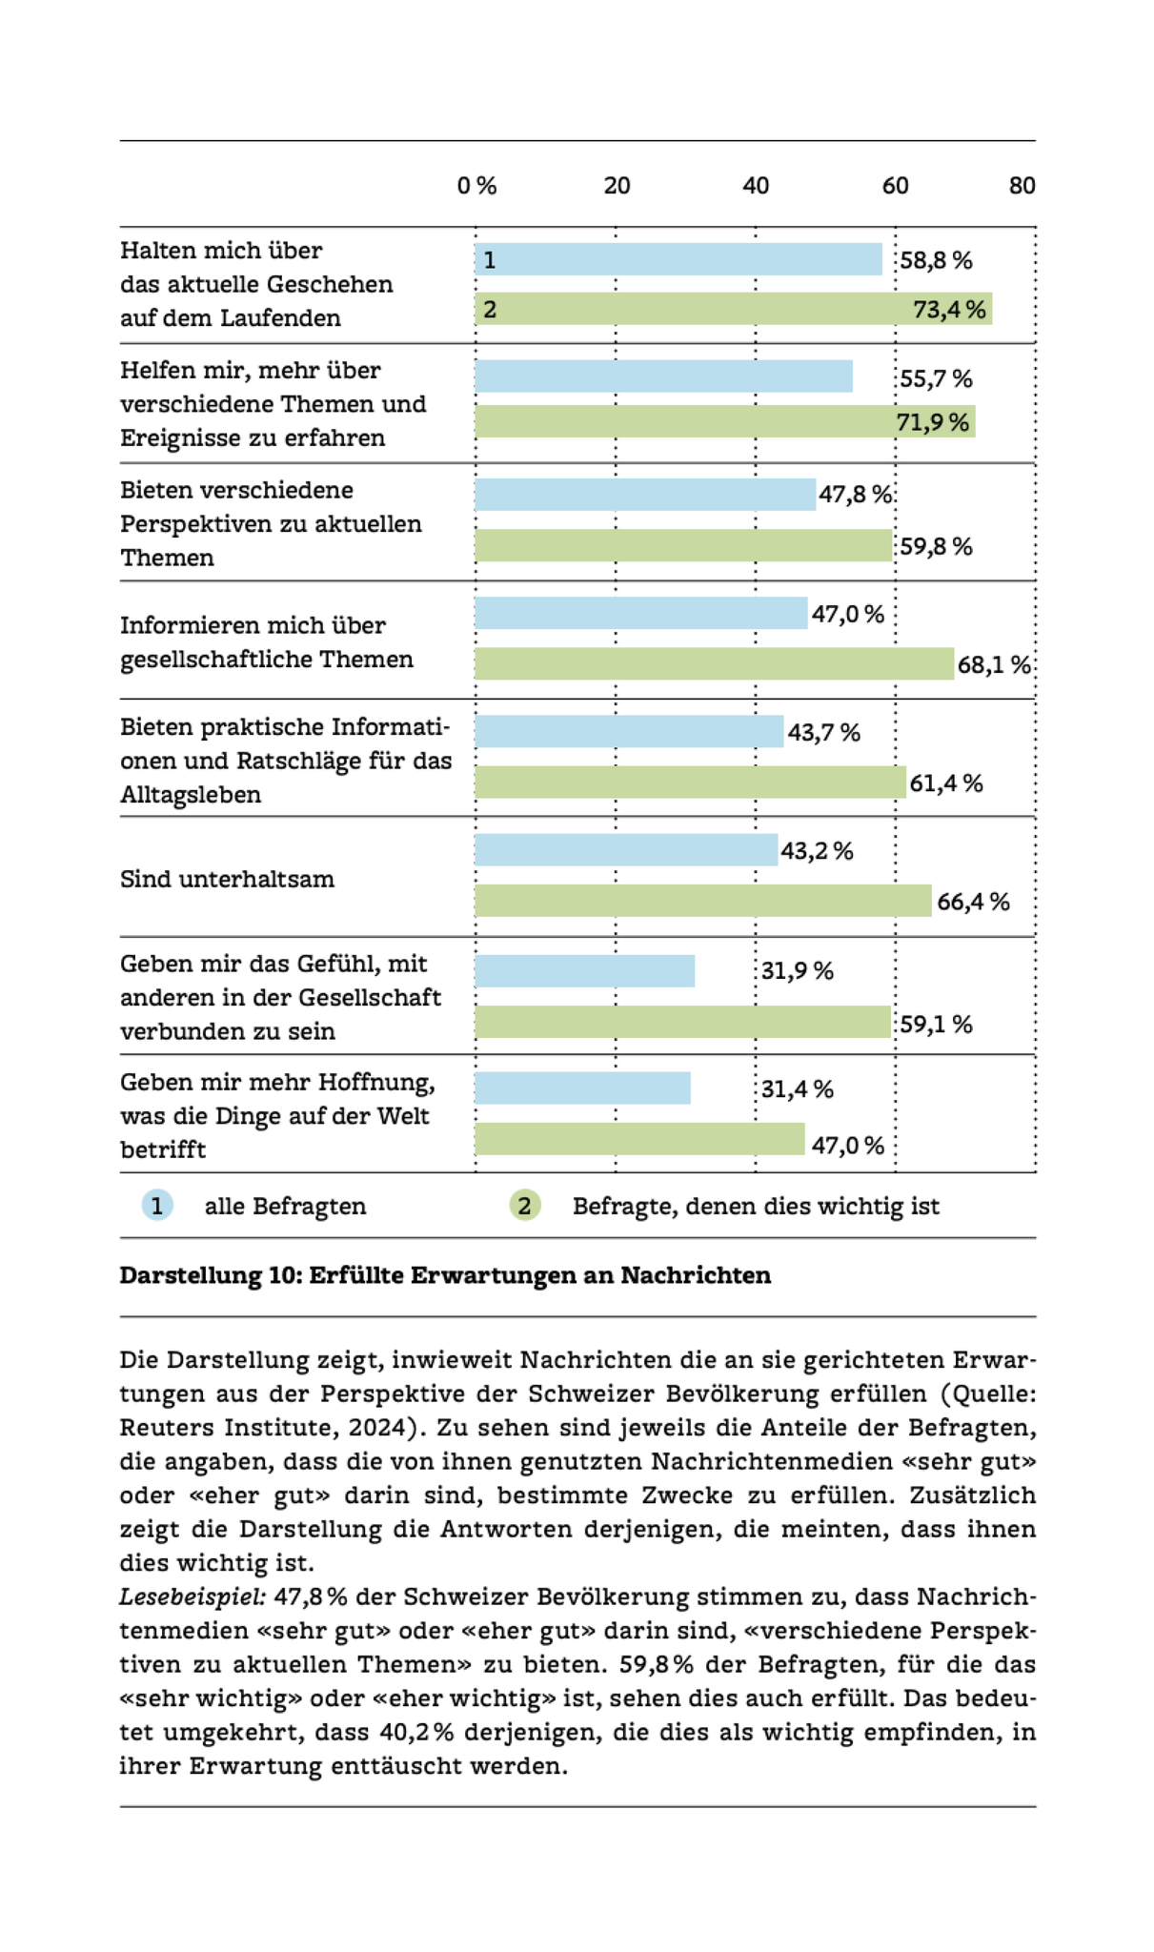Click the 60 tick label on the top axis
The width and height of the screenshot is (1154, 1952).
pyautogui.click(x=894, y=186)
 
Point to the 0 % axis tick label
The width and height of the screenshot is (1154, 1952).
pyautogui.click(x=476, y=186)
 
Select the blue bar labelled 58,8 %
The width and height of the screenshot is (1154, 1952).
pyautogui.click(x=678, y=259)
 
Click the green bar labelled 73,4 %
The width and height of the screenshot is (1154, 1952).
pyautogui.click(x=733, y=309)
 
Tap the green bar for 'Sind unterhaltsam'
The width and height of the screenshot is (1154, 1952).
pyautogui.click(x=702, y=901)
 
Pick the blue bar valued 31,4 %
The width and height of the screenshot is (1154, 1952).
pyautogui.click(x=582, y=1088)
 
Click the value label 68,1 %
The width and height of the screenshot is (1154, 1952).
pyautogui.click(x=994, y=664)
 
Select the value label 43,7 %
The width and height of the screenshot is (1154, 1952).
pyautogui.click(x=823, y=732)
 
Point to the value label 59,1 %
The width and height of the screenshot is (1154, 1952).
pyautogui.click(x=936, y=1024)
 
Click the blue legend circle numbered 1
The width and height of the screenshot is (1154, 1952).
pyautogui.click(x=157, y=1206)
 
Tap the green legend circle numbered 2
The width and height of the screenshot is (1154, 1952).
pyautogui.click(x=524, y=1206)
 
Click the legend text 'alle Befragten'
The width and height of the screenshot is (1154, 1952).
pyautogui.click(x=285, y=1207)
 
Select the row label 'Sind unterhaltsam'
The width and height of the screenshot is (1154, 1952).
pyautogui.click(x=227, y=879)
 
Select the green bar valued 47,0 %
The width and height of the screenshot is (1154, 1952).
pyautogui.click(x=639, y=1139)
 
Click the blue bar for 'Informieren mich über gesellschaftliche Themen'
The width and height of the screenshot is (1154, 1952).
pyautogui.click(x=640, y=613)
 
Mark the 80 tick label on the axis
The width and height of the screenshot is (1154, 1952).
pyautogui.click(x=1022, y=186)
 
